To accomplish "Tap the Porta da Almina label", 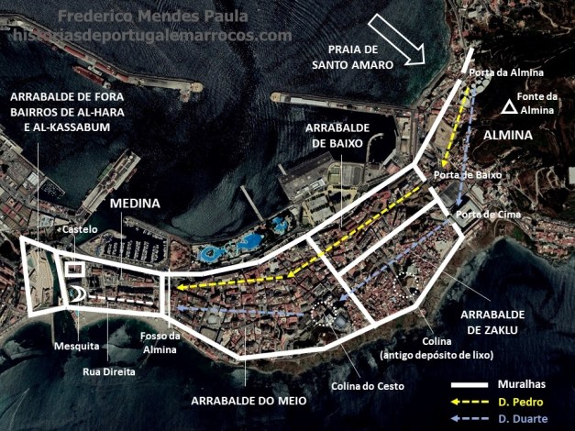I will click(506, 72).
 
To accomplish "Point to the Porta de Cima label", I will click(478, 215).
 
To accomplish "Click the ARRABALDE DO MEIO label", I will click(249, 401).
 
